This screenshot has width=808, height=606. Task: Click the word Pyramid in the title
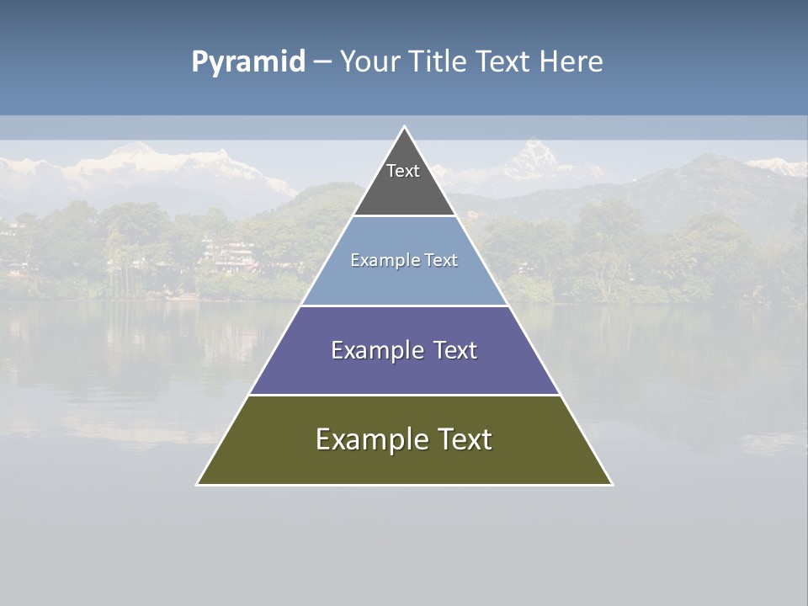coord(248,62)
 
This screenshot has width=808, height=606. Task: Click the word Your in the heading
coord(370,62)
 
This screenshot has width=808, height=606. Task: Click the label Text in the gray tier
coord(403,171)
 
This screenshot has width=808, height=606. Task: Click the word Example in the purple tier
coord(375,350)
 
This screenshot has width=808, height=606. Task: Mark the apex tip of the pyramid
coord(404,128)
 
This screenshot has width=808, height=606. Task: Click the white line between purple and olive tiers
coord(404,395)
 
